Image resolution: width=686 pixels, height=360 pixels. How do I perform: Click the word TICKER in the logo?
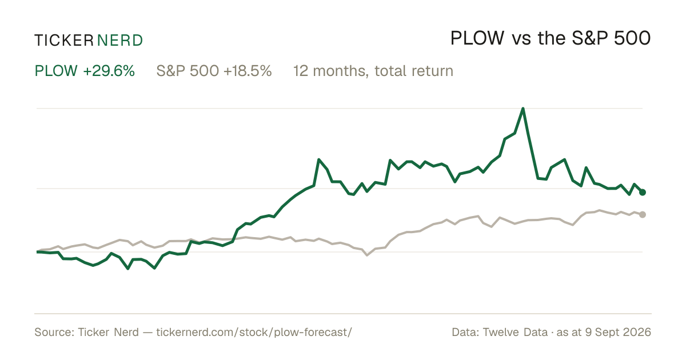tap(63, 41)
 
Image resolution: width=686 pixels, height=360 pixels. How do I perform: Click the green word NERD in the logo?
tap(120, 41)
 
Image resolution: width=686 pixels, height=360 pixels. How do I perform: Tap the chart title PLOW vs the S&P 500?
tap(551, 38)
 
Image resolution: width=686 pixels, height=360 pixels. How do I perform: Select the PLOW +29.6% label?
tap(85, 71)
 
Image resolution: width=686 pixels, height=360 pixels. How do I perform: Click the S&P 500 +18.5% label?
tap(214, 71)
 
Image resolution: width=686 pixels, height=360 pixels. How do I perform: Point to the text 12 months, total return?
tap(373, 71)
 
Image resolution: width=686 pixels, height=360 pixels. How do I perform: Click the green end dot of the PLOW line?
tap(643, 192)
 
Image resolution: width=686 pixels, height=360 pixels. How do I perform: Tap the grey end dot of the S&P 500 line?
tap(643, 215)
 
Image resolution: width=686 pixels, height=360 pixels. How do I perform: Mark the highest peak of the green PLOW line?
tap(523, 109)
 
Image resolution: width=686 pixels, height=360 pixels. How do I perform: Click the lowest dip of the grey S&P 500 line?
tap(367, 255)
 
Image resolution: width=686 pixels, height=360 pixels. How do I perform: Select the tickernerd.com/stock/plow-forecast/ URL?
tap(254, 332)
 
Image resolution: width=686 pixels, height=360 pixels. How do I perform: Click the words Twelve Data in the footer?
tap(515, 332)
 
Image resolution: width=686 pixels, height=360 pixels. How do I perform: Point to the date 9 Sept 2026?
tap(618, 332)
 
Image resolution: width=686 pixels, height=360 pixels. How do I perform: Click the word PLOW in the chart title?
tap(477, 38)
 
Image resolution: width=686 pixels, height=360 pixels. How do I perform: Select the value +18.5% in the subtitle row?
tap(248, 71)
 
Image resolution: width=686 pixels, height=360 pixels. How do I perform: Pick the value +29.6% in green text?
tap(109, 71)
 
